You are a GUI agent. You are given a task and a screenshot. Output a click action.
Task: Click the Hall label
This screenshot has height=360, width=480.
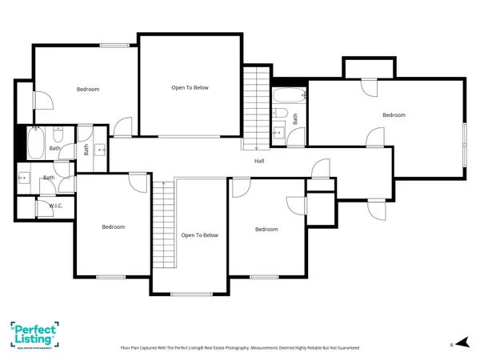[259, 161]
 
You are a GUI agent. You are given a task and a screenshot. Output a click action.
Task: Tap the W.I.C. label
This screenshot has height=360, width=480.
[56, 206]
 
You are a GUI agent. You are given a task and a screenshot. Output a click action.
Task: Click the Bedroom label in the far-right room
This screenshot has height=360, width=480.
[394, 115]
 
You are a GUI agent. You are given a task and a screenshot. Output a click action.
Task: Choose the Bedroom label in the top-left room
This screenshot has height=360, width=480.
[88, 89]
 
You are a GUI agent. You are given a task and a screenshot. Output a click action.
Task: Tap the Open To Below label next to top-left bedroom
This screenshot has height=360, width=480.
[190, 87]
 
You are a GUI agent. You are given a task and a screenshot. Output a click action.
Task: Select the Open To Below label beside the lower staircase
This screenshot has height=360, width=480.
[199, 235]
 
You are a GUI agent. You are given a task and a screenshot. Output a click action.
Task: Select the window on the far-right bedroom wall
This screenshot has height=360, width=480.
[464, 144]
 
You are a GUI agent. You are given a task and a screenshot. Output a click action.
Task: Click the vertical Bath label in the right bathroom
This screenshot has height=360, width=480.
[294, 118]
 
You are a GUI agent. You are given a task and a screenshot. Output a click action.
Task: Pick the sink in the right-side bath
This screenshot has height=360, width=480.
[278, 132]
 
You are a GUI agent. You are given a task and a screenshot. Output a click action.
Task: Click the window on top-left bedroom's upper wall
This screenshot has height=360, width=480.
[115, 45]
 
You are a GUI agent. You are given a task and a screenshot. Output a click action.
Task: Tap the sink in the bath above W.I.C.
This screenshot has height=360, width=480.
[24, 178]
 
